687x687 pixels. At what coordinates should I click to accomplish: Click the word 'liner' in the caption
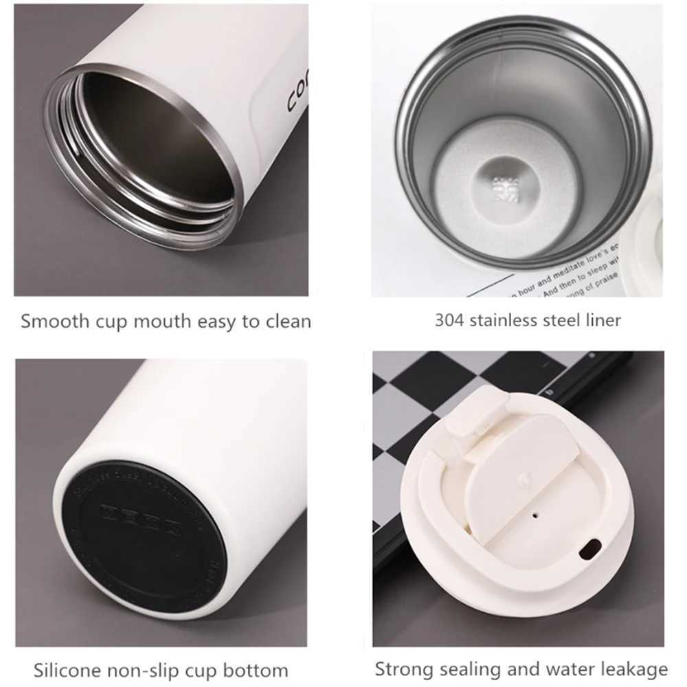point(602,320)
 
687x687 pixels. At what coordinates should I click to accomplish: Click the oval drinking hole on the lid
point(590,548)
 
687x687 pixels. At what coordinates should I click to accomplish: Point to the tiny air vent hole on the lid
point(533,512)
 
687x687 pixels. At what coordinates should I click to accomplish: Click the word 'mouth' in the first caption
point(167,321)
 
